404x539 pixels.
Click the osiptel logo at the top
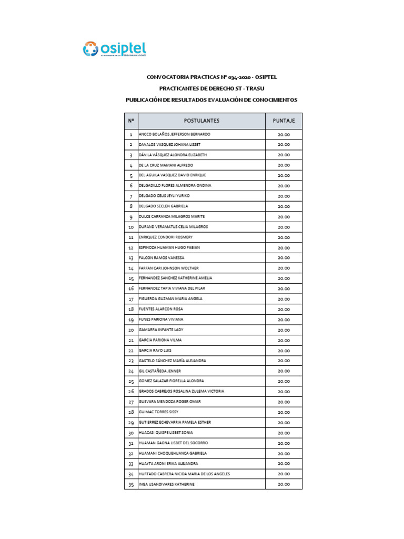114,48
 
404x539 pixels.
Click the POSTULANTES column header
201,121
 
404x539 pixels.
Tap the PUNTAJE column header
284,121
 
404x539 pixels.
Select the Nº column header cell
130,121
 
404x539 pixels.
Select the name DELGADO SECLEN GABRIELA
163,206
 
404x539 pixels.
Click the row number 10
130,227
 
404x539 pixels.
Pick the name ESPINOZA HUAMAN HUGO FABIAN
169,247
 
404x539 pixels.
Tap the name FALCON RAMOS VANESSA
161,258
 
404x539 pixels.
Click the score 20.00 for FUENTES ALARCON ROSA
284,310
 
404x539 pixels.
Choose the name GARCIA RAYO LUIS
155,351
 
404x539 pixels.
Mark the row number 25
130,381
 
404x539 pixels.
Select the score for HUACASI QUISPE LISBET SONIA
284,433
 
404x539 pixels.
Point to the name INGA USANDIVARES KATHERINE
166,484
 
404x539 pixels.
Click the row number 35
130,484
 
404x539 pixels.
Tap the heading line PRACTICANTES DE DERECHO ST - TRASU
211,88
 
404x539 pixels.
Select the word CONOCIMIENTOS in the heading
273,99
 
